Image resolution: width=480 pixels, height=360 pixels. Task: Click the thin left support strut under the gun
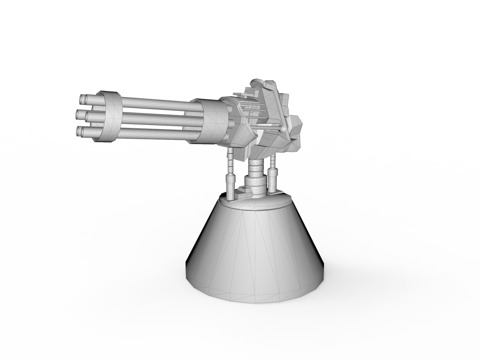[x=230, y=177]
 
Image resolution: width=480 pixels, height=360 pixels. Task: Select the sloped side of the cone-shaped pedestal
[x=260, y=253]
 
